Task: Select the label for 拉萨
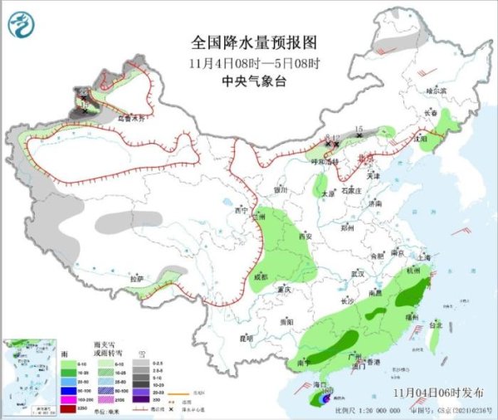click(137, 278)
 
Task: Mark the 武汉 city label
click(358, 273)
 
